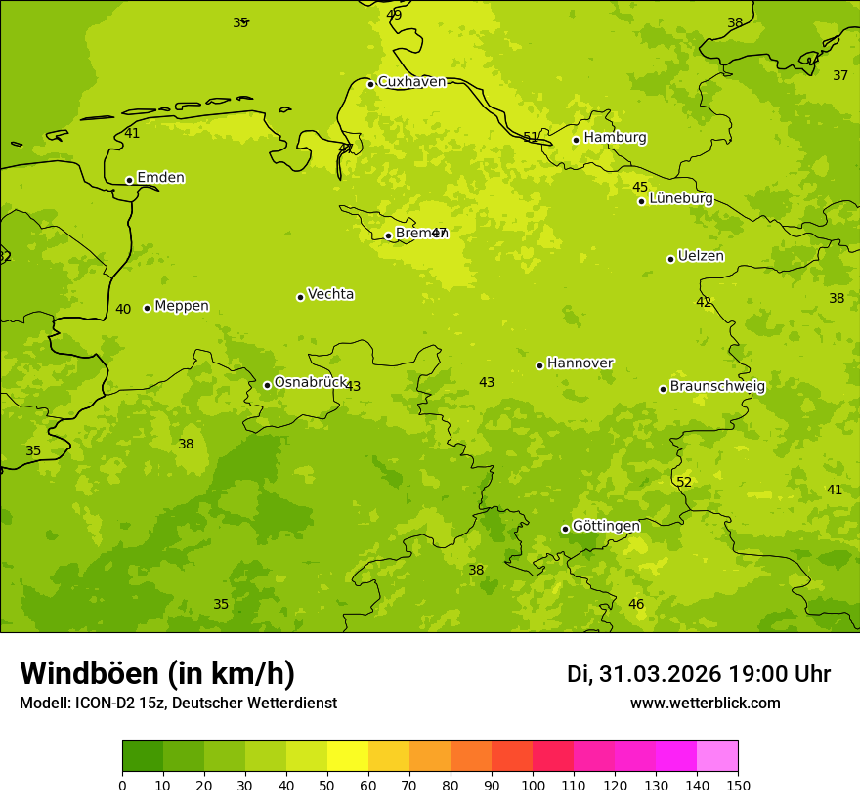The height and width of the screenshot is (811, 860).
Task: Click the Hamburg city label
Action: (x=615, y=138)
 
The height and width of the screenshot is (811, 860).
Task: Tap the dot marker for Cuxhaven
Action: (x=370, y=84)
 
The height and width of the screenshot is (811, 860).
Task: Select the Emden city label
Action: (x=160, y=178)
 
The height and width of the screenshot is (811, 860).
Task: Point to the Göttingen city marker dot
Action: (x=565, y=529)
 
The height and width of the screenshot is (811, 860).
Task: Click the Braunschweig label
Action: (x=717, y=387)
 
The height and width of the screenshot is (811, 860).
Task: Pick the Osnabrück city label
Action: (x=311, y=382)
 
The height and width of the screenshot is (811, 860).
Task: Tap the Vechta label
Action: (x=330, y=294)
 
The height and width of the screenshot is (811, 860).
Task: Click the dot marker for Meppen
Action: (x=147, y=308)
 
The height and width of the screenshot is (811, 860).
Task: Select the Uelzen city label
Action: (x=701, y=257)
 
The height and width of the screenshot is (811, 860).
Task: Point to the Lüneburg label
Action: (x=680, y=198)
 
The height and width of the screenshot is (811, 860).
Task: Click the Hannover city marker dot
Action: (x=539, y=365)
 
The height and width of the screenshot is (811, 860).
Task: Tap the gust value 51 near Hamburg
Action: (x=531, y=137)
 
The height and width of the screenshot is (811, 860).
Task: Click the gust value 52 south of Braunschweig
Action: (x=684, y=482)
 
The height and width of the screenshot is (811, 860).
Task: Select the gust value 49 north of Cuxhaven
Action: (x=394, y=15)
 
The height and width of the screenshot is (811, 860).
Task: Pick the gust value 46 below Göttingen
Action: (x=636, y=604)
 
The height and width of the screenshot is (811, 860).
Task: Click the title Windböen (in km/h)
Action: (x=157, y=673)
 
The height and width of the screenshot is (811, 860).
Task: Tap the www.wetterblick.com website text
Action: (x=705, y=703)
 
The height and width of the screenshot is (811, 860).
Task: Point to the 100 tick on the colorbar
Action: (x=533, y=784)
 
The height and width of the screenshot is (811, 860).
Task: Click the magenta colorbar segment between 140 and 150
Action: (x=717, y=756)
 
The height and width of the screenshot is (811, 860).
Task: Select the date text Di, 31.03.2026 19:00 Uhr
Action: (x=699, y=674)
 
